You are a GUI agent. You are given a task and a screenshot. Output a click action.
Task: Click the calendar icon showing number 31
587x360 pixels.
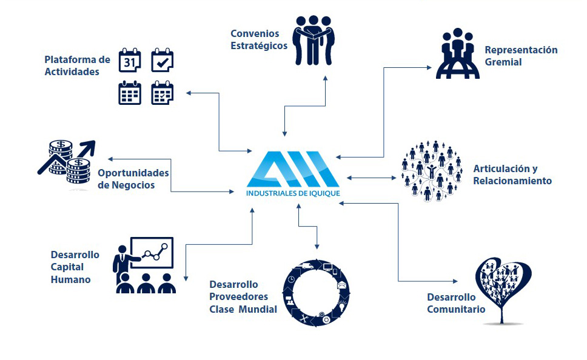pyautogui.click(x=130, y=60)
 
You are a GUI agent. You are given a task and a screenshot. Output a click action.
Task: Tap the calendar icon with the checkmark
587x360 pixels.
pyautogui.click(x=162, y=60)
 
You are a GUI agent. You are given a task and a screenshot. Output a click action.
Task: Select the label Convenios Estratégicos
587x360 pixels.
pyautogui.click(x=259, y=39)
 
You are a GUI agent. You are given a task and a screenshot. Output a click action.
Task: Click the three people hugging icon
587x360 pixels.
pyautogui.click(x=314, y=41)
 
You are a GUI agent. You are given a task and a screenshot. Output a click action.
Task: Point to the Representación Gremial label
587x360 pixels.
pyautogui.click(x=521, y=56)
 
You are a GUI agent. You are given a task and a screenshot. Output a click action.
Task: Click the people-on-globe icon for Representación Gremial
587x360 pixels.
pyautogui.click(x=457, y=53)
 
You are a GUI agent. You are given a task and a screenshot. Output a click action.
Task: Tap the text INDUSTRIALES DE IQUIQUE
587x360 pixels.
pyautogui.click(x=293, y=193)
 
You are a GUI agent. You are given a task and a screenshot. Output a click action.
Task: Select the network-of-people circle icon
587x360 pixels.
pyautogui.click(x=431, y=171)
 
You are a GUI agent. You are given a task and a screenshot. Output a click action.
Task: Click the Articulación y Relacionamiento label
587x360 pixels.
pyautogui.click(x=512, y=175)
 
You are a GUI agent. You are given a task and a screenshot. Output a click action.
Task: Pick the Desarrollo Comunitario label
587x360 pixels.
pyautogui.click(x=456, y=303)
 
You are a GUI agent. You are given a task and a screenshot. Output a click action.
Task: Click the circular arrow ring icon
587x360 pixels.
pyautogui.click(x=316, y=293)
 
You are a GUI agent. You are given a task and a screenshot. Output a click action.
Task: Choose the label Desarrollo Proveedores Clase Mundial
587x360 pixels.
pyautogui.click(x=243, y=297)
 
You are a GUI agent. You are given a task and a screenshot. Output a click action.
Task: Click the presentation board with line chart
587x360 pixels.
pyautogui.click(x=152, y=253)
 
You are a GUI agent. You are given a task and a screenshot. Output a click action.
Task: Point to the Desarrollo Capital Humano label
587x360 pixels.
pyautogui.click(x=75, y=267)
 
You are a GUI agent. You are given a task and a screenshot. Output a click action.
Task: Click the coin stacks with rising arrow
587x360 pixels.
pyautogui.click(x=67, y=162)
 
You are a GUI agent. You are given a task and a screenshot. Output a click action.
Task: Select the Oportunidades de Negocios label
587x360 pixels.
pyautogui.click(x=133, y=179)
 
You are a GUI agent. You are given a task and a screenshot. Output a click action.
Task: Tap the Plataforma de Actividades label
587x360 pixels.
pyautogui.click(x=77, y=65)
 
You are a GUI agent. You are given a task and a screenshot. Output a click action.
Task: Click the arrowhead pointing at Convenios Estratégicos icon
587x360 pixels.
pyautogui.click(x=325, y=78)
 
